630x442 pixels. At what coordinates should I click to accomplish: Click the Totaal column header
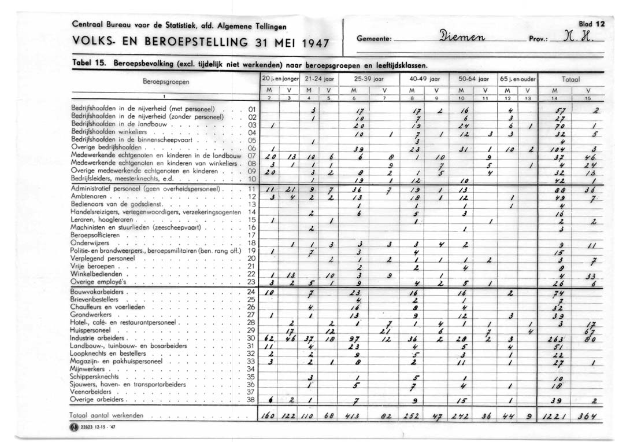point(570,78)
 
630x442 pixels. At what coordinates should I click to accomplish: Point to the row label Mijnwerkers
point(90,369)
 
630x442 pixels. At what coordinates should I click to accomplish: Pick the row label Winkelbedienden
point(97,274)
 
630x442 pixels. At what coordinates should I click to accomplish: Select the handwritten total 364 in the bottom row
point(589,416)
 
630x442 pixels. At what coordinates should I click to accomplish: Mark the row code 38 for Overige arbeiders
point(251,399)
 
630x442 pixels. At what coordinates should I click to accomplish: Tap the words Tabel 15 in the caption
point(88,61)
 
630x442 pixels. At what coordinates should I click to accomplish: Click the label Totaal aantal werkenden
point(106,415)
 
